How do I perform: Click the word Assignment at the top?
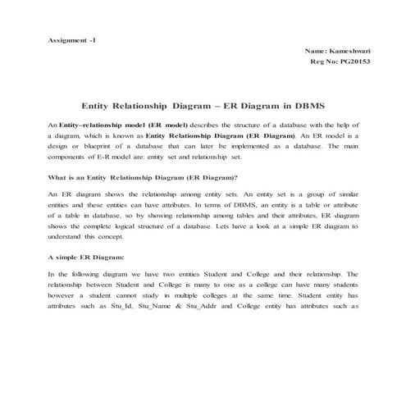point(66,39)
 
